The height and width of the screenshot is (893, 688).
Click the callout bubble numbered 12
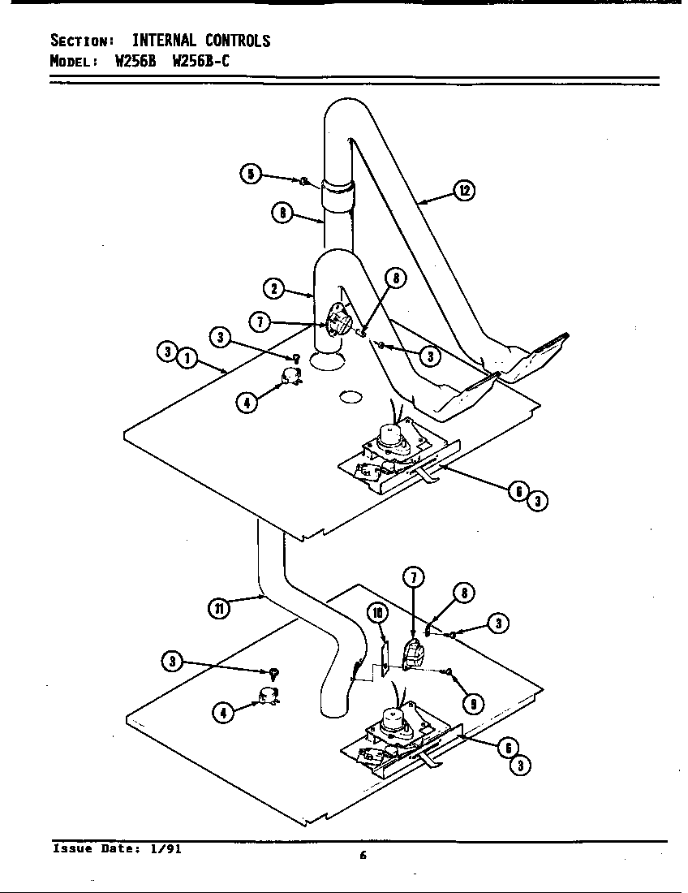click(463, 192)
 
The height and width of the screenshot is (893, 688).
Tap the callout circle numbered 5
click(251, 174)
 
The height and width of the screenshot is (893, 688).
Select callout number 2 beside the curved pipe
click(273, 287)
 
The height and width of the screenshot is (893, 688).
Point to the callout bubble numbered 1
click(187, 356)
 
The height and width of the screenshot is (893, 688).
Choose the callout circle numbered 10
click(378, 613)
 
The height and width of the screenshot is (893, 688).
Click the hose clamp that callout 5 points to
click(302, 181)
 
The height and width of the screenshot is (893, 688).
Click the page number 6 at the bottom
click(363, 855)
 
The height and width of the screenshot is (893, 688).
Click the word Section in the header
click(80, 41)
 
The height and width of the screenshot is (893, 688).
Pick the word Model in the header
click(73, 62)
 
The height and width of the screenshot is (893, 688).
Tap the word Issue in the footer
click(71, 848)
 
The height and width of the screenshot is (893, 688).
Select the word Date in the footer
click(118, 848)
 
